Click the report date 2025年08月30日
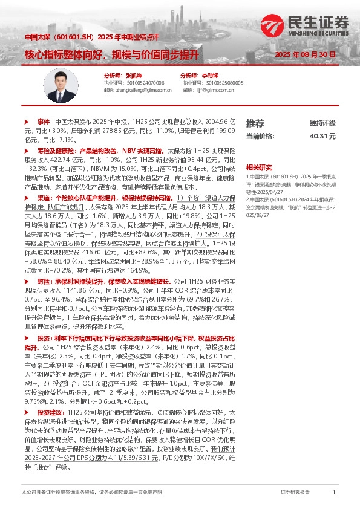click(305, 55)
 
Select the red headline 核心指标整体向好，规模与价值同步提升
click(112, 54)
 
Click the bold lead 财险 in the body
click(44, 281)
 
